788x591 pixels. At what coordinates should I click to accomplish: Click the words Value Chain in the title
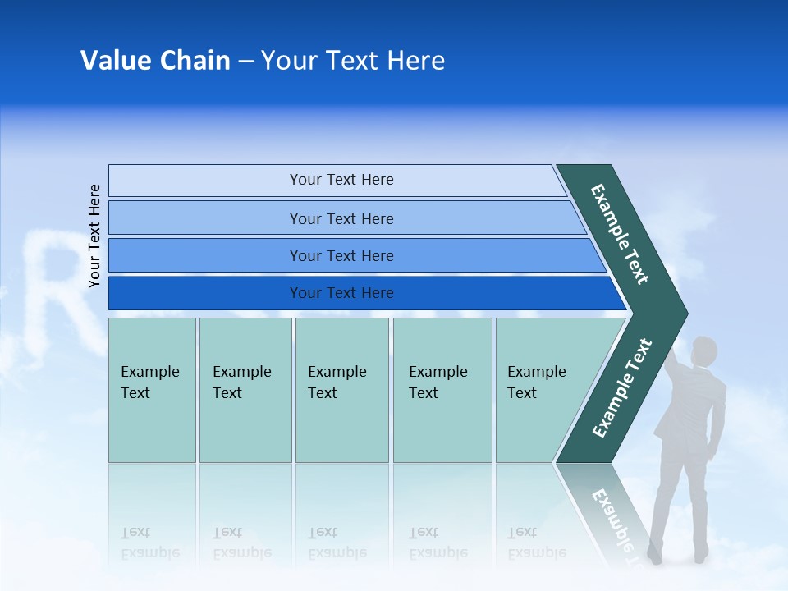155,61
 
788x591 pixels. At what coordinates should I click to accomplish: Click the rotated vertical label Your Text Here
94,236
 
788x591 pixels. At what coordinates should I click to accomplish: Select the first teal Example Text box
152,390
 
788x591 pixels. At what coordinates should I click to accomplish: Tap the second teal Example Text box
245,390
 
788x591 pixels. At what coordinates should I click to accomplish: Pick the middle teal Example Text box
341,390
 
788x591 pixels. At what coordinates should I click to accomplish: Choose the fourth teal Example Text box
442,390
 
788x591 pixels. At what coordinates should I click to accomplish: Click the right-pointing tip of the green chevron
680,314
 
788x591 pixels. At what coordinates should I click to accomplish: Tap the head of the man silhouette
703,351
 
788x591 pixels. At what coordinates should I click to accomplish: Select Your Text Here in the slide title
353,61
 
